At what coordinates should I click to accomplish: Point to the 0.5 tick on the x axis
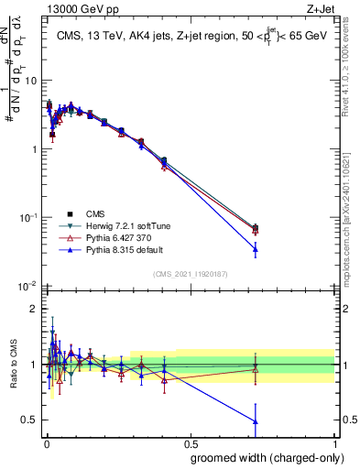tap(190, 442)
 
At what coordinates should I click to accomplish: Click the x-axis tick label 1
tap(334, 442)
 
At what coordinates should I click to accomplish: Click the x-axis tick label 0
tap(46, 442)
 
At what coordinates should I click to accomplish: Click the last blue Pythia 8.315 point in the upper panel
tap(256, 248)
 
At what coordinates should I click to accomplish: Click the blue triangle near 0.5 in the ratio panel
tap(256, 421)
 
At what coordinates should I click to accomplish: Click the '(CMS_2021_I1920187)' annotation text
tap(190, 273)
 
